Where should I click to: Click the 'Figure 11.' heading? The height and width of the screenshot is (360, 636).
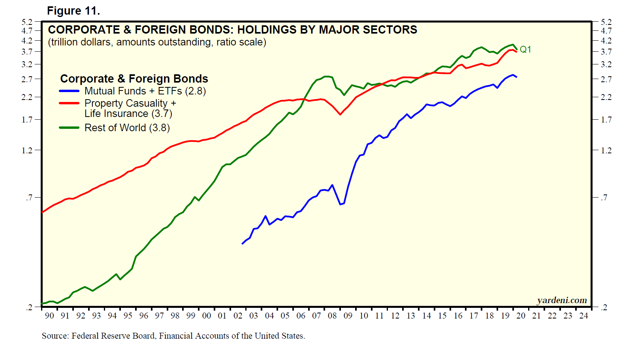[73, 11]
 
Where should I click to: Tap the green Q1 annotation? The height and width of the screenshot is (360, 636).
[525, 49]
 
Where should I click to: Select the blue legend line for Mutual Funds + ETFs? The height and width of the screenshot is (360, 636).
[69, 91]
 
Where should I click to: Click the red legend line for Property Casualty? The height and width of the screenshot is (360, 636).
[69, 103]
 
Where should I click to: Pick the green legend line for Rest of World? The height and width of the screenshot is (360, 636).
[69, 128]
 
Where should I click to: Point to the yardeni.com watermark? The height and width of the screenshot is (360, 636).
[562, 300]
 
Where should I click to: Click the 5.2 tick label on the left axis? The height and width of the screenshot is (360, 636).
[27, 22]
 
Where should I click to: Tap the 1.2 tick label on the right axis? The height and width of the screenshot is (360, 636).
[606, 150]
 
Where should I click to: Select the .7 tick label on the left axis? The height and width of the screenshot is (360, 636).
[29, 197]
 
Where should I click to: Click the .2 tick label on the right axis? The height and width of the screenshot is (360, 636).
[604, 307]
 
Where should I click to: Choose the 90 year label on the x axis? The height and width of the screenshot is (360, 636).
[49, 315]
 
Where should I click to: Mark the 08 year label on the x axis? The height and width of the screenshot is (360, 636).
[332, 315]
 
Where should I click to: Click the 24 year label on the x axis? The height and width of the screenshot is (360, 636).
[583, 315]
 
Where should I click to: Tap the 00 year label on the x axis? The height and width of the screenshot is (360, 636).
[207, 315]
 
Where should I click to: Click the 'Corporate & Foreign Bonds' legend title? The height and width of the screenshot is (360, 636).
[134, 79]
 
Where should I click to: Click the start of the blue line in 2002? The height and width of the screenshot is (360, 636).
[242, 244]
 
